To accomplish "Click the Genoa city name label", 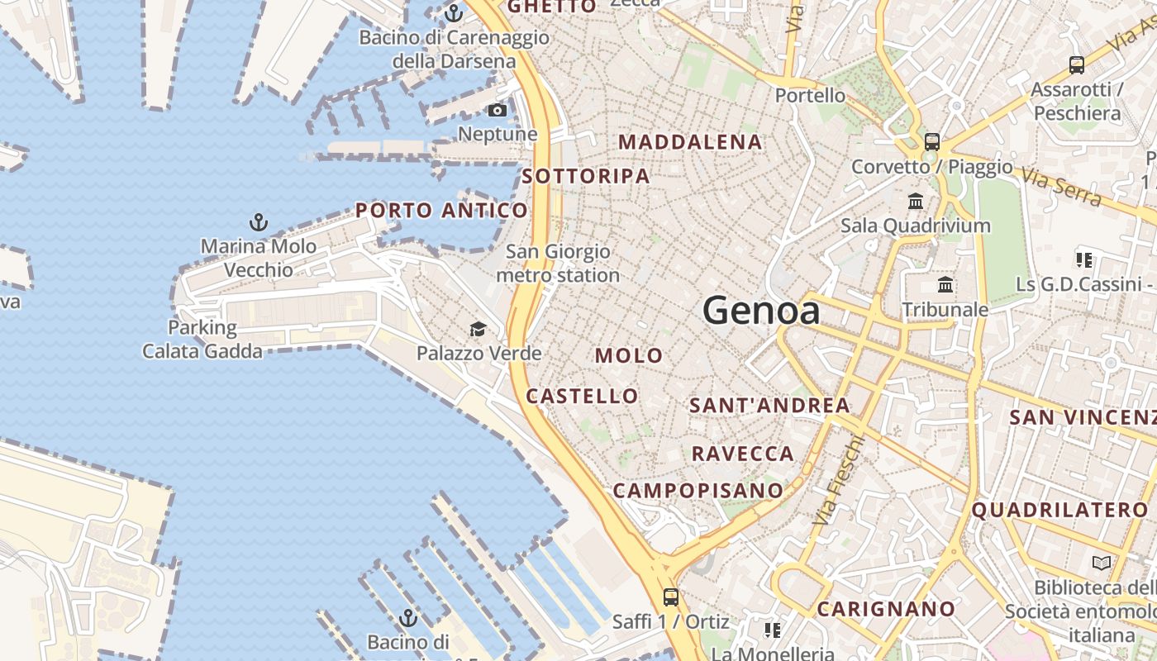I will tap(761, 311).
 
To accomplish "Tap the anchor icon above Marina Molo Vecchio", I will tap(259, 222).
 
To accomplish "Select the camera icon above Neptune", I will tap(498, 110).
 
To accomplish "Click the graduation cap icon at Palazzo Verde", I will tap(478, 330).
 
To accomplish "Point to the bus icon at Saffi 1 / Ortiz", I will tap(671, 597).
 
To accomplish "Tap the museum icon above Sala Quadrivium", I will tap(916, 202).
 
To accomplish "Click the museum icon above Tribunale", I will tap(945, 285).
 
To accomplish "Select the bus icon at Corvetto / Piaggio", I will tap(932, 142).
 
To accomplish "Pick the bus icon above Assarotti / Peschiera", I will tap(1077, 65).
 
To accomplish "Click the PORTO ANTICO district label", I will tap(441, 211).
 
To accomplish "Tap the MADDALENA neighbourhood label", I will tap(690, 142).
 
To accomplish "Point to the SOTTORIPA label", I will tap(586, 176).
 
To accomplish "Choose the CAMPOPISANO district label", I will tap(698, 491).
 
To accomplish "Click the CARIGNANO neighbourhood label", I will tap(886, 610).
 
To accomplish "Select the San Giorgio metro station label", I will tap(558, 263).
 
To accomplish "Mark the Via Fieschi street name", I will tap(839, 480).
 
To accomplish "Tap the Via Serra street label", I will tap(1061, 187).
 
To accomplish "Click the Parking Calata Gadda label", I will tap(202, 340).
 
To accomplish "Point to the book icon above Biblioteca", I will tap(1102, 564).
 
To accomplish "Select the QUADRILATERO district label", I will tap(1059, 510).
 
